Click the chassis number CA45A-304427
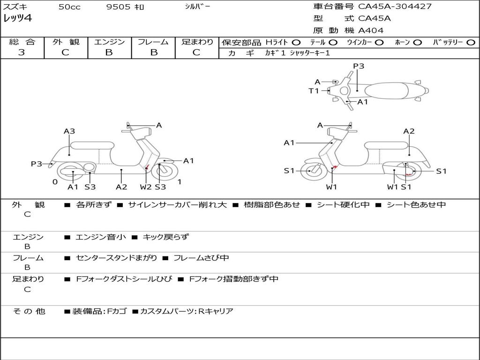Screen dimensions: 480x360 395,7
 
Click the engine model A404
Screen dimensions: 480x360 371,30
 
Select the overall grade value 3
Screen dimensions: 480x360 22,52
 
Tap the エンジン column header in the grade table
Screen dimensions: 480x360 109,42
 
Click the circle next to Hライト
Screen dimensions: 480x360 296,43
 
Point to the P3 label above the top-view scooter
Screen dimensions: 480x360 359,66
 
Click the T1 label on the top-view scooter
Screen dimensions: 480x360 314,91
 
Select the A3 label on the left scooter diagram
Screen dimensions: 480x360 69,132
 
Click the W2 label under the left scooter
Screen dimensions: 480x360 146,187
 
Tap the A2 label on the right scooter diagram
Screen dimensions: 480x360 409,132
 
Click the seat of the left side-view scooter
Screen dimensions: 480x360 92,145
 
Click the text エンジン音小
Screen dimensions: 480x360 101,237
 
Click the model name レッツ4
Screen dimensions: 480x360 17,19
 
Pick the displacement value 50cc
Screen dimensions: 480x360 69,7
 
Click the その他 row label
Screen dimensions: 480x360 29,311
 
